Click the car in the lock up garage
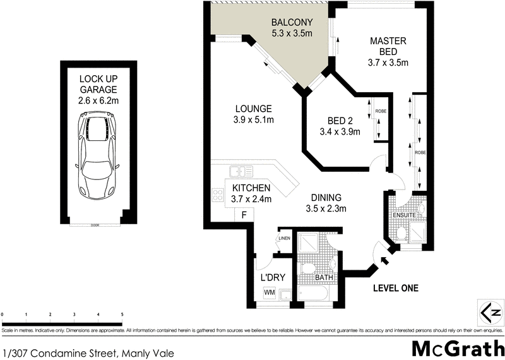(97, 155)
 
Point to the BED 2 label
(340, 126)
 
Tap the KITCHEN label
(251, 193)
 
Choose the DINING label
(325, 202)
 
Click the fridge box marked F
(244, 215)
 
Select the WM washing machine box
(270, 292)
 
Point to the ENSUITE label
(405, 215)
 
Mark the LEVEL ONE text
(396, 289)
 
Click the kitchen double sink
(241, 170)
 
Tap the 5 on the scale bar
(122, 314)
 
